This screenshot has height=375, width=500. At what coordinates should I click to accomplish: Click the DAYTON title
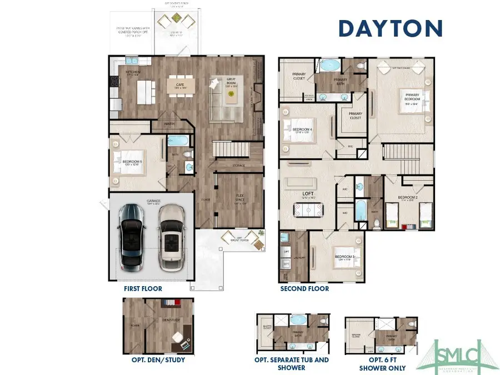point(391,28)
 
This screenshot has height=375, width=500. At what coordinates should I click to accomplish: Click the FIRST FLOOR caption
point(143,289)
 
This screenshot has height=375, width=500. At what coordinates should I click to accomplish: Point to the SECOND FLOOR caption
point(304,289)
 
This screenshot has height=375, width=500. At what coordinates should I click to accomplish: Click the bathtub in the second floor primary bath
point(331,66)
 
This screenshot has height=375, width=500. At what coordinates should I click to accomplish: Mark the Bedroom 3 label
point(344,257)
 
